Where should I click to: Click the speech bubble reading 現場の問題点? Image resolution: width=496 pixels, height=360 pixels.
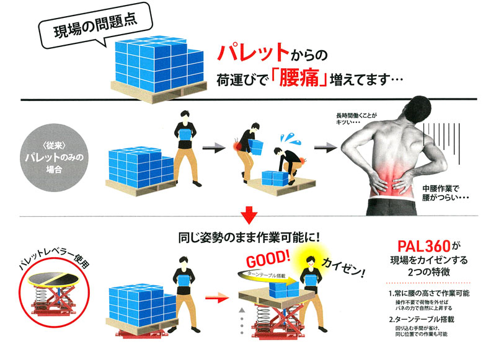[x=95, y=25]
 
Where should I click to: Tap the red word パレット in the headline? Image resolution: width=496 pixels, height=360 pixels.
[x=253, y=53]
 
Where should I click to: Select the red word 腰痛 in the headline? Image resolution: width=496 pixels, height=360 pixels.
[x=299, y=79]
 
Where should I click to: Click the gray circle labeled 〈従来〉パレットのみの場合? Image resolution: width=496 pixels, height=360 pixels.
[x=55, y=157]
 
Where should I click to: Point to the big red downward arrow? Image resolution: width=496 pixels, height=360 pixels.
[x=249, y=215]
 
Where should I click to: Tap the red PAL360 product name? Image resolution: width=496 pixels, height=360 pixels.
[x=424, y=246]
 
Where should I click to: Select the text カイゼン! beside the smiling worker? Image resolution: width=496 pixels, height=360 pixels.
[x=344, y=268]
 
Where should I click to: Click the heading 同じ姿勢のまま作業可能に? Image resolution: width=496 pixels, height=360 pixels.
[x=249, y=237]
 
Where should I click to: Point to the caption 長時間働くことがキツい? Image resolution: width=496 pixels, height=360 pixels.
[x=356, y=118]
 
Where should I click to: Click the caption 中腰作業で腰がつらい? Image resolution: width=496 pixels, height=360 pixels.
[x=445, y=193]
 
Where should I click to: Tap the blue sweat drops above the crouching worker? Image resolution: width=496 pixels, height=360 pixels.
[x=291, y=139]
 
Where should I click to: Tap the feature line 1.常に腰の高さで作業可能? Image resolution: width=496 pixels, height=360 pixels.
[x=429, y=293]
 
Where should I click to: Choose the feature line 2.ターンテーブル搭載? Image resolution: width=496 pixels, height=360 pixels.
[x=422, y=319]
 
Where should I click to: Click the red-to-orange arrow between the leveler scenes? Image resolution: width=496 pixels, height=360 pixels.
[x=217, y=297]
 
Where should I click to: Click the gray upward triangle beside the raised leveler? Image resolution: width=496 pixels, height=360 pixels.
[x=242, y=310]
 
